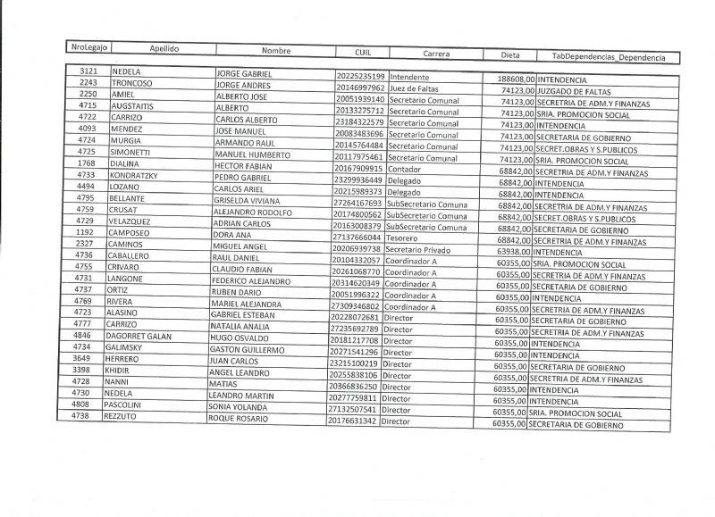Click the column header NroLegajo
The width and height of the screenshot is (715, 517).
(x=88, y=46)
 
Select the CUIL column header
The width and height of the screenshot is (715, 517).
(x=361, y=52)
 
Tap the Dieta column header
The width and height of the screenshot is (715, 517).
(x=509, y=55)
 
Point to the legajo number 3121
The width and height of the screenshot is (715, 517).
(x=88, y=71)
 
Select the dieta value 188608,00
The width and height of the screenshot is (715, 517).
(x=515, y=79)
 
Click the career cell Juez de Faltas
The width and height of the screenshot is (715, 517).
(x=415, y=88)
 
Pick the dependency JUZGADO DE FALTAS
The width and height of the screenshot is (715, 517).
(x=574, y=92)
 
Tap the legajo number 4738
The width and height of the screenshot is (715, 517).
(x=80, y=415)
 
